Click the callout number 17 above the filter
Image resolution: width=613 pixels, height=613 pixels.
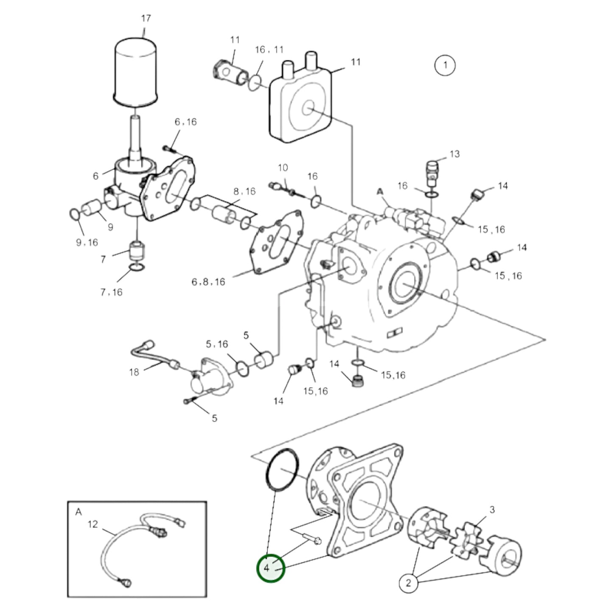pos(146,18)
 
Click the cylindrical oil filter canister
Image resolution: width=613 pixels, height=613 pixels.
pos(136,70)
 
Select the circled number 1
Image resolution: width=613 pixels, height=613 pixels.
pos(445,65)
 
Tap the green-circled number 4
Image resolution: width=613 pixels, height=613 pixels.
pos(271,568)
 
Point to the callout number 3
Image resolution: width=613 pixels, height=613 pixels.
pos(492,509)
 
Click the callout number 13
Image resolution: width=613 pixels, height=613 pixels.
pos(454,154)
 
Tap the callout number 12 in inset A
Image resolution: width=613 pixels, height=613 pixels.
pos(93,524)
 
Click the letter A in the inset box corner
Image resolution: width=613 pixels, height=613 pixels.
pos(78,512)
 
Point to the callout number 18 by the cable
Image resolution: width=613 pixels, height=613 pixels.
pos(134,372)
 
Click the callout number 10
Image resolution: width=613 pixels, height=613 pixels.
pos(283,168)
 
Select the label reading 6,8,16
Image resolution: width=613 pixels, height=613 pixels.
pos(208,282)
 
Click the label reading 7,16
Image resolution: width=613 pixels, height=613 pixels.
pos(111,292)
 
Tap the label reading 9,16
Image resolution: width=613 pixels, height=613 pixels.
pos(87,242)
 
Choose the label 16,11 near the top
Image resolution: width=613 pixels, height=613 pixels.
pos(269,50)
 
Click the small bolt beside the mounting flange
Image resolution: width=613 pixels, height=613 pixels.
pos(311,539)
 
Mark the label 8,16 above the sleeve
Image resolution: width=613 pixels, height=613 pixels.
pos(244,191)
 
